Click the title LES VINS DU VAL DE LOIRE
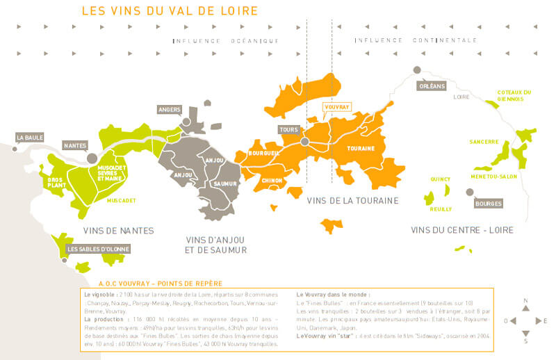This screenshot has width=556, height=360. [170, 11]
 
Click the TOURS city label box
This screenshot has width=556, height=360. [288, 130]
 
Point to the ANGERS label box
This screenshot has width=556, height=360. [170, 110]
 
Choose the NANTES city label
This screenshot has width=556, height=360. [74, 145]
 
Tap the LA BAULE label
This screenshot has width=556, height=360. [30, 138]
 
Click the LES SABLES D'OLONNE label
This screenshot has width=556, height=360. [98, 249]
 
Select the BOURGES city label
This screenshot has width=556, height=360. [489, 204]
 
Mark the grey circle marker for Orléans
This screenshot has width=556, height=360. [417, 70]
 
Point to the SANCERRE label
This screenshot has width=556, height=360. [484, 142]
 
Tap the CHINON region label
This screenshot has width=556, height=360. [272, 180]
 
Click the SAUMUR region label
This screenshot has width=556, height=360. [222, 183]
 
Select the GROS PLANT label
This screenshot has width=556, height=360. [56, 182]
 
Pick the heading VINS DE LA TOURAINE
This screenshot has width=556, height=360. [352, 201]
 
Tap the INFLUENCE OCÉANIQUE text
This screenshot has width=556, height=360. [226, 41]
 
